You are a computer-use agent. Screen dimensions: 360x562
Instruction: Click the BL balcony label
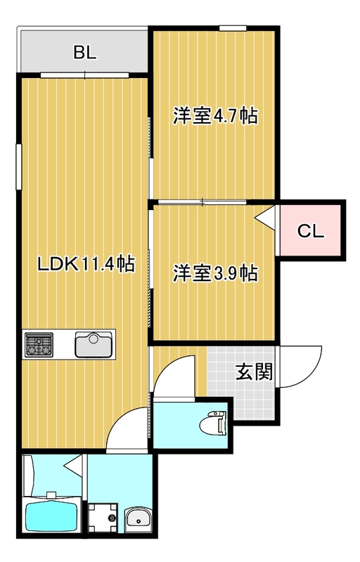point(85,53)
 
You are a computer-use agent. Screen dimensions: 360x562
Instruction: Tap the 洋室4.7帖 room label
point(215,116)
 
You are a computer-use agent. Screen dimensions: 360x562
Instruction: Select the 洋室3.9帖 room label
point(215,273)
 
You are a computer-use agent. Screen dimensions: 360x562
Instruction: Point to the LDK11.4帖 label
point(86,264)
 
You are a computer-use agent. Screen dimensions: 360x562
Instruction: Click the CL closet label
point(311,231)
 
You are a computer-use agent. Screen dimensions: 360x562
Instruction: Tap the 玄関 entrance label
point(255,372)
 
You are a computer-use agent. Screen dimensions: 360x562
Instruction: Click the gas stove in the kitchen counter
point(39,344)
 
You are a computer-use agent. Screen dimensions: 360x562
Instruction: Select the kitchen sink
point(94,345)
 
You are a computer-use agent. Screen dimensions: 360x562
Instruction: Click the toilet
point(213,424)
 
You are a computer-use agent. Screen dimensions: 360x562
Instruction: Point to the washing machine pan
point(103,518)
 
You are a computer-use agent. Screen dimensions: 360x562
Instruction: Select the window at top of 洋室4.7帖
point(233,28)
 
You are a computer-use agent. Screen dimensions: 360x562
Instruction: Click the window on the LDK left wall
point(19,166)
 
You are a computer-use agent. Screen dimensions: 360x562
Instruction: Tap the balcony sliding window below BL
point(84,75)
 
